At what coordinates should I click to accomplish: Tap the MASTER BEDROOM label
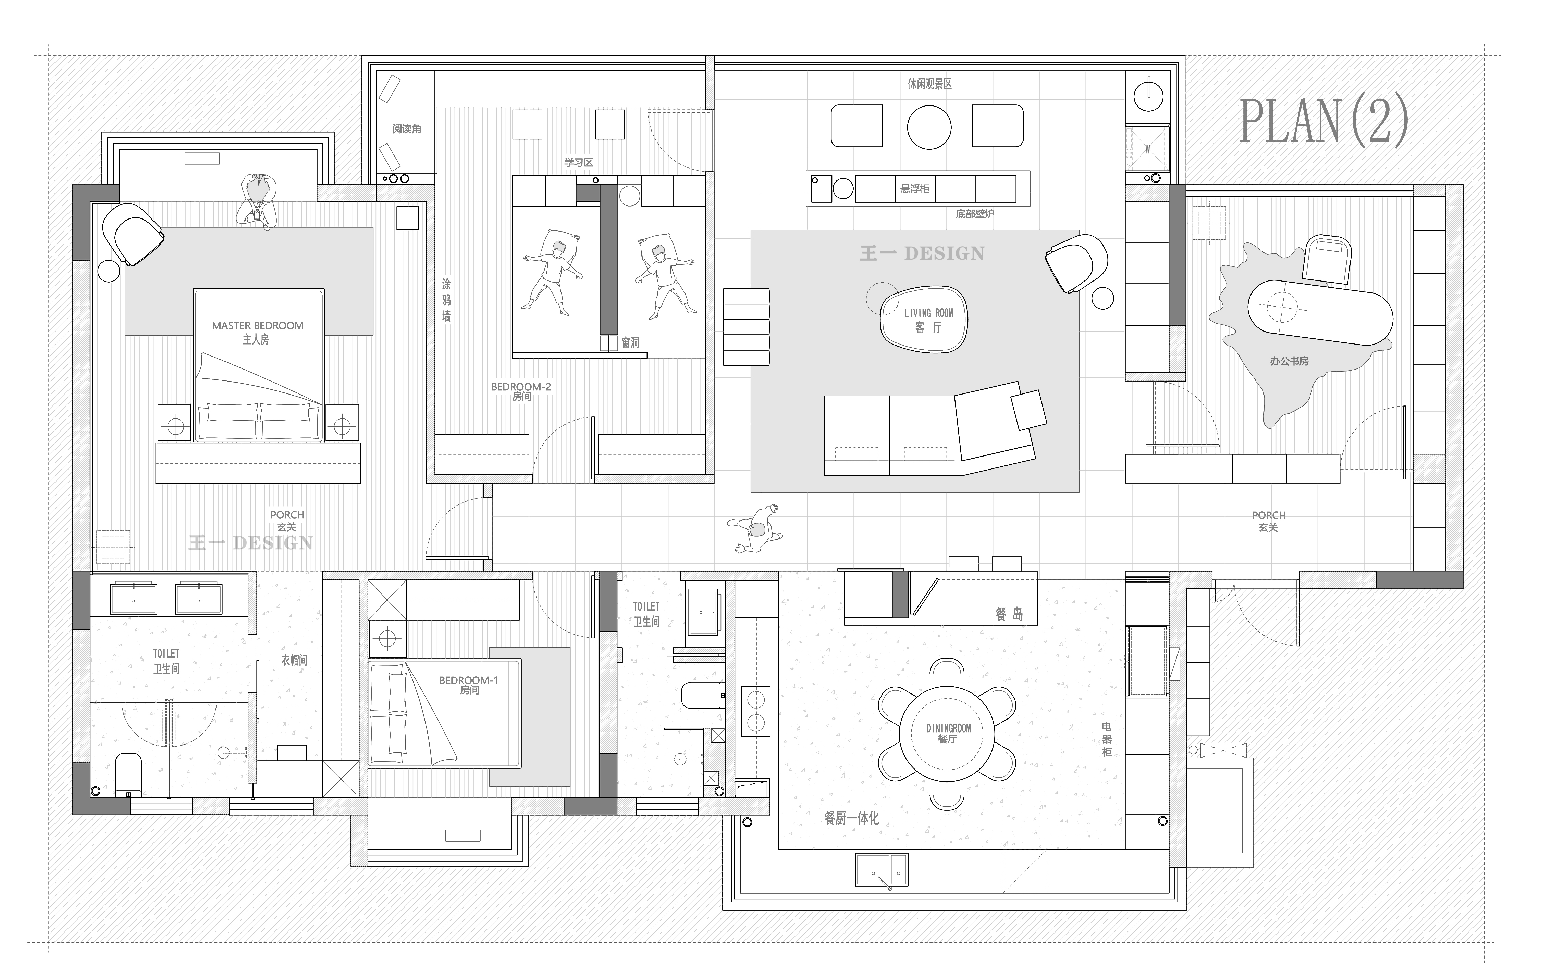pyautogui.click(x=257, y=325)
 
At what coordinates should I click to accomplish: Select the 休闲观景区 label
pyautogui.click(x=929, y=84)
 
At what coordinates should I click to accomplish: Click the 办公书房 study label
pyautogui.click(x=1289, y=361)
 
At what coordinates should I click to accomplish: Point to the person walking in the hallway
pyautogui.click(x=755, y=529)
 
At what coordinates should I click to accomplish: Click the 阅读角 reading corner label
pyautogui.click(x=406, y=129)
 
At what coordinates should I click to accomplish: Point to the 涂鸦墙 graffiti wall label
pyautogui.click(x=446, y=299)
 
